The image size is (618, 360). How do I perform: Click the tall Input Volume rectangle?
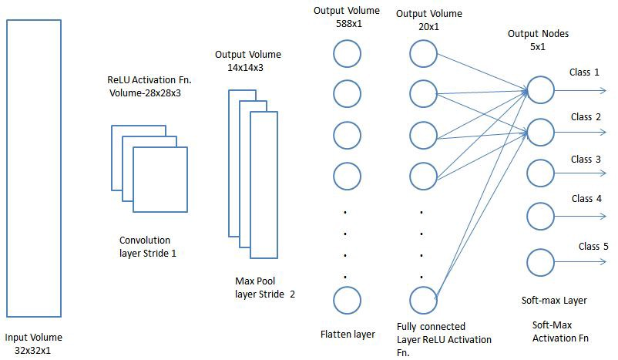[7, 168]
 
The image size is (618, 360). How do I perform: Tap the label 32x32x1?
[32, 351]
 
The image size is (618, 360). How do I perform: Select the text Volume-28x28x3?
[145, 93]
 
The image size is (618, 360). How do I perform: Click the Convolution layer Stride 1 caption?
[147, 247]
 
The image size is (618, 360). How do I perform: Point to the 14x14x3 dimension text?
[245, 67]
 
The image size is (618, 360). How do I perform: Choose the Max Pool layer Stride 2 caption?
[265, 288]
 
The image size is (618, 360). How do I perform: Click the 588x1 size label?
[349, 24]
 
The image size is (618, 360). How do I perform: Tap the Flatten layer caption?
[348, 335]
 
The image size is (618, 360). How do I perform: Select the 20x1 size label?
[428, 27]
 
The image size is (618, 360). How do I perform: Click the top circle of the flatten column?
[334, 54]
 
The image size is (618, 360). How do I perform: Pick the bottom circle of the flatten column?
[334, 301]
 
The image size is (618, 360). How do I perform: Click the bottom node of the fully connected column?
[409, 301]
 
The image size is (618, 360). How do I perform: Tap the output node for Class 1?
[527, 90]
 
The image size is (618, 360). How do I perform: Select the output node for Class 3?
[527, 173]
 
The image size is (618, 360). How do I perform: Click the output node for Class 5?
[527, 262]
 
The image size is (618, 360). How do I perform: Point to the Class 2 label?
[586, 117]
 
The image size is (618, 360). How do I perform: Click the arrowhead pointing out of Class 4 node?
[603, 216]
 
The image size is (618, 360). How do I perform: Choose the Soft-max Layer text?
[554, 301]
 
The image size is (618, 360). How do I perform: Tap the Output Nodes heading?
[538, 34]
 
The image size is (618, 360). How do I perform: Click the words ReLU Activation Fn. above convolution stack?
[149, 80]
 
